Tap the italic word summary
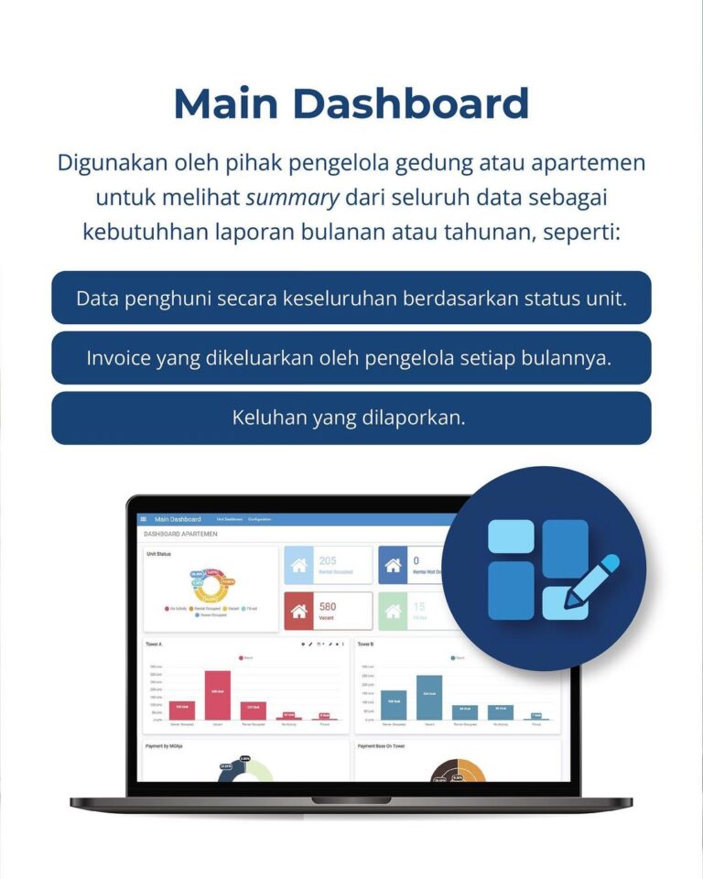click(293, 197)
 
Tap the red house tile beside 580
click(298, 611)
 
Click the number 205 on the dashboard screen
click(328, 560)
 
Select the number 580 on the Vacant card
click(328, 606)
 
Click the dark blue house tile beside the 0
click(394, 565)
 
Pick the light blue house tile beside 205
click(298, 565)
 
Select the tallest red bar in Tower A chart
click(217, 695)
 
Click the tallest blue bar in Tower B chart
click(428, 697)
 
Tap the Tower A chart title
click(154, 645)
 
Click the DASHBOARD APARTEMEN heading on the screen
click(180, 534)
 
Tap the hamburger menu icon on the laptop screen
click(144, 519)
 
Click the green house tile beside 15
click(394, 611)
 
